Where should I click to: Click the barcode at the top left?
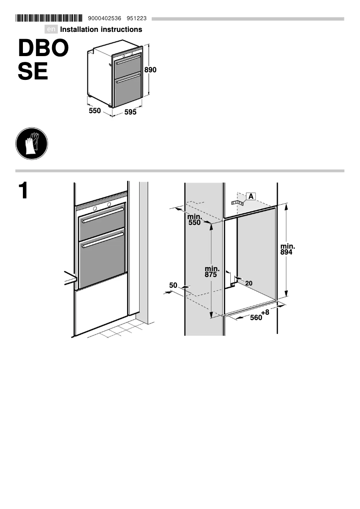pos(49,18)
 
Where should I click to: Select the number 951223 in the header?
pos(137,18)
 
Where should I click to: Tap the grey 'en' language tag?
pos(52,30)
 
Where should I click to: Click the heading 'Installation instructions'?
pos(101,30)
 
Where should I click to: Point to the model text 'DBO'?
pos(43,49)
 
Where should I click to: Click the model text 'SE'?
pos(33,72)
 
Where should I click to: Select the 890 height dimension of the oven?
pos(150,70)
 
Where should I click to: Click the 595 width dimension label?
pos(130,112)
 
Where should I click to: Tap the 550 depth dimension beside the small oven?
pos(95,110)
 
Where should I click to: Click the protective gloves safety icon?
pos(31,144)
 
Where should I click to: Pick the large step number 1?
pos(23,191)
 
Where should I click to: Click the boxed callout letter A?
pos(251,196)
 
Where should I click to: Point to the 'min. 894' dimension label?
pos(287,249)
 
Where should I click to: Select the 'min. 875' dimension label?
pos(212,272)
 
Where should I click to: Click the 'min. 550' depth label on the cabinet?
pos(194,219)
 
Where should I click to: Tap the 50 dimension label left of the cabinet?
pos(173,285)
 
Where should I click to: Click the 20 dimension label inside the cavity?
pos(249,283)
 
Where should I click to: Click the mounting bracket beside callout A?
pos(237,203)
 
